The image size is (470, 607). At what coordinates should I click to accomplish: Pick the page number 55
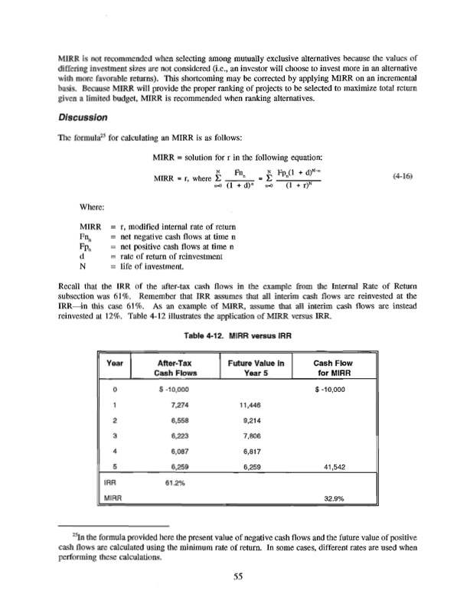235,577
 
